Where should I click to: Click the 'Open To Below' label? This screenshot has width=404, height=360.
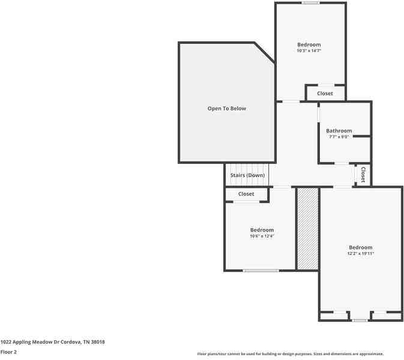(226, 109)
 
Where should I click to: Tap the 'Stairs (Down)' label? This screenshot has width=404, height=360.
(247, 175)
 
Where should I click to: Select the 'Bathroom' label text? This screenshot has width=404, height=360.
(339, 131)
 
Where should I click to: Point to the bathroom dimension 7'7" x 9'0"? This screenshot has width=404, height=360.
(339, 137)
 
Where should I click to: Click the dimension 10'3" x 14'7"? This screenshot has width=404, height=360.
(309, 51)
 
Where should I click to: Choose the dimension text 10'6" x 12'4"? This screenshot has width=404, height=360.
(262, 236)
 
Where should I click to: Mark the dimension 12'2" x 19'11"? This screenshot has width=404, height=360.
(361, 254)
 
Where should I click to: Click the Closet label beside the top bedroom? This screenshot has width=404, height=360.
(325, 94)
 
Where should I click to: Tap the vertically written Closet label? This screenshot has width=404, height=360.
(363, 174)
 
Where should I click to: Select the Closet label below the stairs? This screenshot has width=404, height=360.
(246, 194)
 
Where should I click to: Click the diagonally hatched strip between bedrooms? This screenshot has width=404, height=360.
(307, 229)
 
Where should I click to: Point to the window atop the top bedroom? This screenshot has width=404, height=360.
(310, 3)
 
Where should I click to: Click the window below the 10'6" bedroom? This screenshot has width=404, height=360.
(261, 271)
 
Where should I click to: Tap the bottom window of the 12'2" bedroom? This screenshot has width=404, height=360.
(360, 320)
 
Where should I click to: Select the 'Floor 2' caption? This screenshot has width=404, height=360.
(9, 352)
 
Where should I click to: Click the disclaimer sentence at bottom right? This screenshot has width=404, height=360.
(290, 354)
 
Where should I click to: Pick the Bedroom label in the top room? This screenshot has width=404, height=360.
(309, 44)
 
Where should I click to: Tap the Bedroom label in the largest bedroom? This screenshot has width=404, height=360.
(361, 247)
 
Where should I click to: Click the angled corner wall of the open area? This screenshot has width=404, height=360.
(265, 52)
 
